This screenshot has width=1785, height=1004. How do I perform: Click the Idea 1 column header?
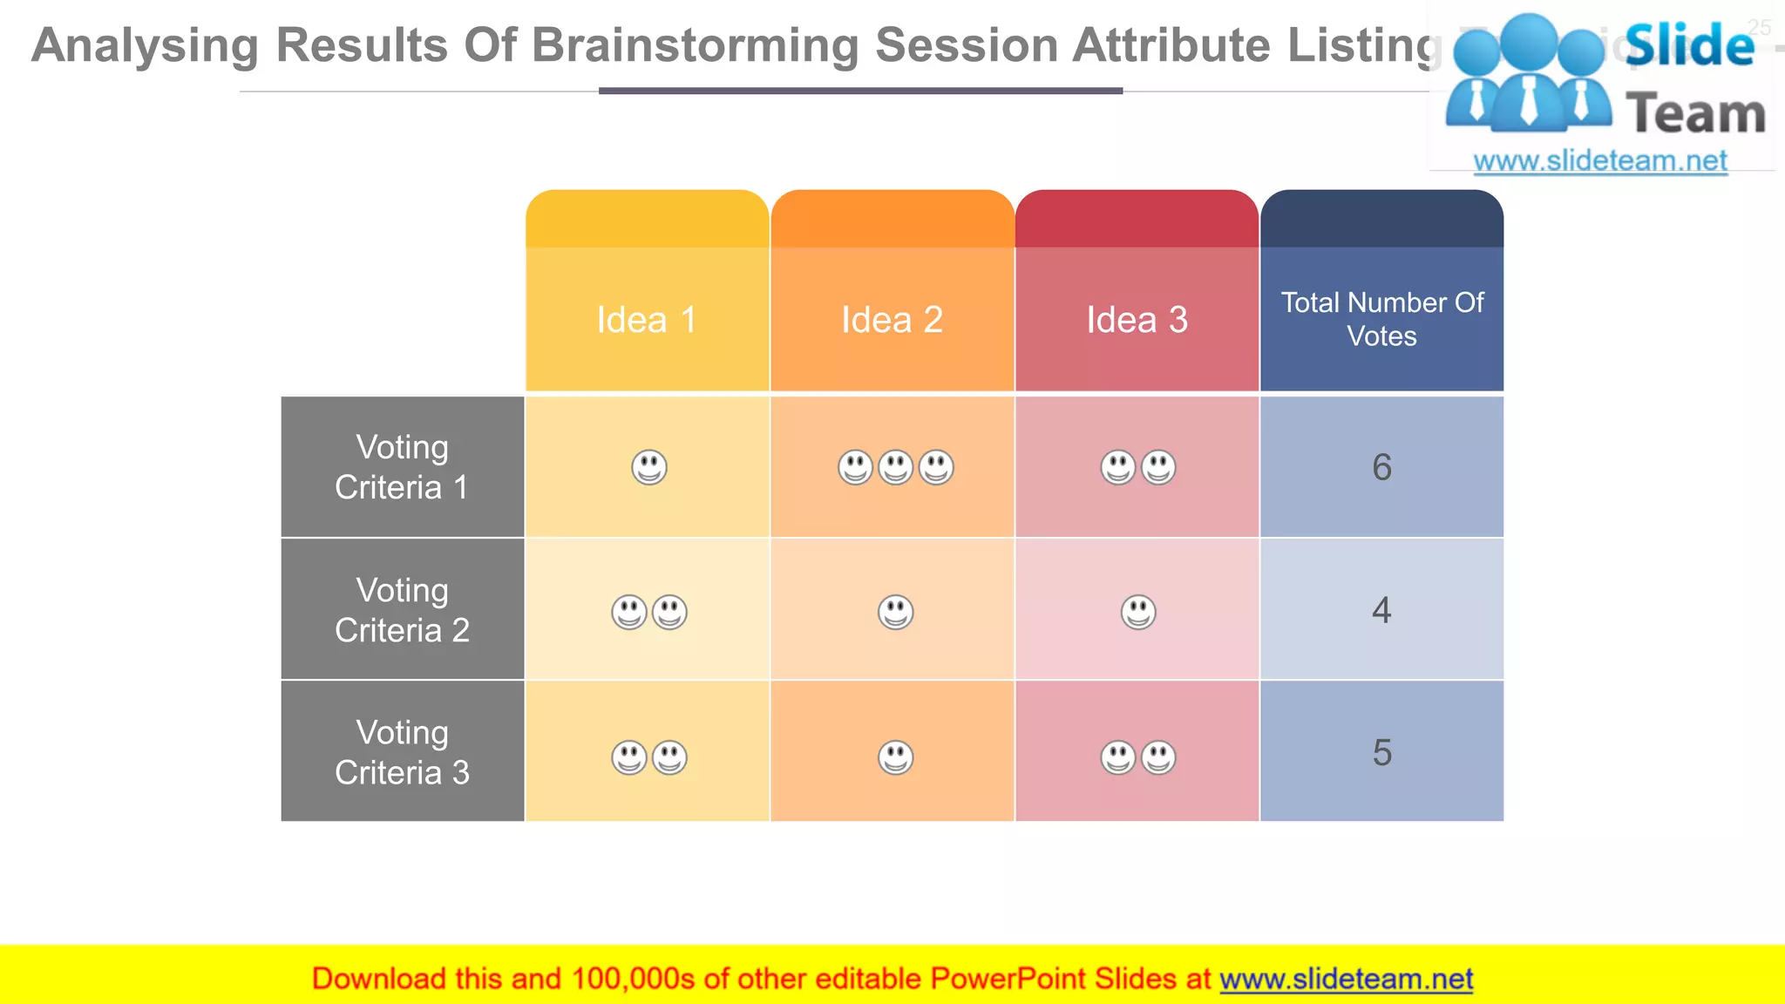point(647,320)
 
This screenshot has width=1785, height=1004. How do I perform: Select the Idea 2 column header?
point(892,320)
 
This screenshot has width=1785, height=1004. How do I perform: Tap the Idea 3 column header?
point(1137,320)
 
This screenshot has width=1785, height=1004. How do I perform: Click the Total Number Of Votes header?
point(1381,319)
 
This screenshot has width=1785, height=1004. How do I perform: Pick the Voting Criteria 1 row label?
point(402,467)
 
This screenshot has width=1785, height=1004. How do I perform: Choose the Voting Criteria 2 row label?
point(402,610)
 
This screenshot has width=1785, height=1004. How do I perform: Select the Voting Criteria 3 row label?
point(402,752)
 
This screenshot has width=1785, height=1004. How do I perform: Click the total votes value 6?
point(1381,468)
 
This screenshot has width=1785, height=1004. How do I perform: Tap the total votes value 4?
point(1381,610)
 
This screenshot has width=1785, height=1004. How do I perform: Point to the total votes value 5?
point(1381,753)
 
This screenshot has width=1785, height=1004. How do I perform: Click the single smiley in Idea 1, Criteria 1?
point(649,468)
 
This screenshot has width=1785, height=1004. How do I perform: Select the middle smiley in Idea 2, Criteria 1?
point(895,468)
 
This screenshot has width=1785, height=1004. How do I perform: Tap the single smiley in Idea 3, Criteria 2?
point(1138,612)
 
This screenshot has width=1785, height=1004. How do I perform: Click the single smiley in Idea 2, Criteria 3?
point(895,757)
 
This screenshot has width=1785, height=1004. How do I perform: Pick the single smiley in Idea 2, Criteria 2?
point(895,612)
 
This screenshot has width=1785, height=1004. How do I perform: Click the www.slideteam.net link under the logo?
point(1599,161)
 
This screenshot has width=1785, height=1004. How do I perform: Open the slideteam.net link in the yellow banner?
point(1346,980)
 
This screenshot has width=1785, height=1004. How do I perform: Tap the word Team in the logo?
point(1695,114)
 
